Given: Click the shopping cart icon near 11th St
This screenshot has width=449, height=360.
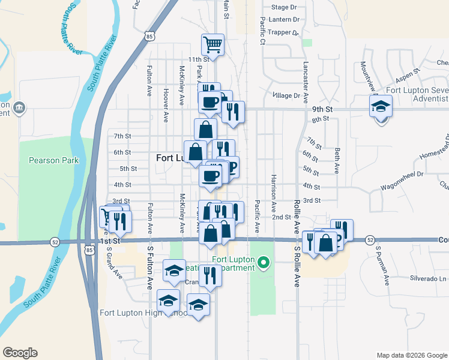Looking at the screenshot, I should click(212, 44).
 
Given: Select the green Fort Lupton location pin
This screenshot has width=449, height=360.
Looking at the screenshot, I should click(263, 262).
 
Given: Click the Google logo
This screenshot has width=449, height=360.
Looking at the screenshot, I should click(20, 353).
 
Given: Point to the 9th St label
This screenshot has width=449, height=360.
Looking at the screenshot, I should click(322, 110).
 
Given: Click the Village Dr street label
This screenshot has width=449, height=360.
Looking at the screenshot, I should click(286, 95).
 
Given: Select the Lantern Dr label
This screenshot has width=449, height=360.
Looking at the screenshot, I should click(284, 20).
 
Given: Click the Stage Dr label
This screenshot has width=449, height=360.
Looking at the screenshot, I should click(284, 7).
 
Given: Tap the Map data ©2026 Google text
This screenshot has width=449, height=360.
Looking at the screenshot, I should click(411, 355).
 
